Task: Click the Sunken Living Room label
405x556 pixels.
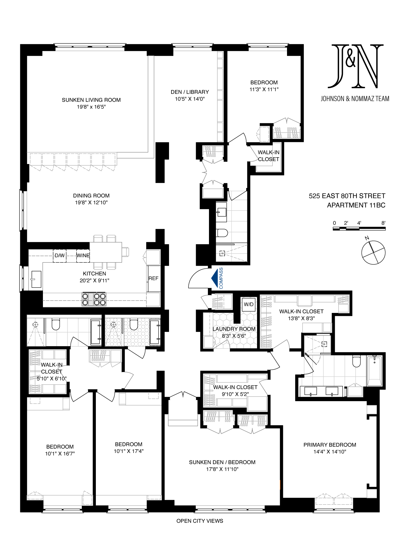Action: [x=91, y=100]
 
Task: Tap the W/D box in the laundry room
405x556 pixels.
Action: [x=249, y=304]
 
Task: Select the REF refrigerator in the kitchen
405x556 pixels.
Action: [x=153, y=278]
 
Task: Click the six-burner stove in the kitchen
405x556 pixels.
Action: [x=94, y=299]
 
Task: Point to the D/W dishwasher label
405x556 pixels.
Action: [x=60, y=255]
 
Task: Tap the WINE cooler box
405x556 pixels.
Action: [x=83, y=255]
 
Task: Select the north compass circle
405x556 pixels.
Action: [x=373, y=253]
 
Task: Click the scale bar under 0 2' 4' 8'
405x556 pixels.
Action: [x=359, y=228]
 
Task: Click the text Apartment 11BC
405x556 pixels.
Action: [x=356, y=205]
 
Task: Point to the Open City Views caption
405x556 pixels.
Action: [x=200, y=521]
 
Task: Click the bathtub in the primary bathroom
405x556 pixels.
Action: [x=374, y=371]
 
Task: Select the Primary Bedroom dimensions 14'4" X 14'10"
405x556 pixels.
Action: [x=330, y=452]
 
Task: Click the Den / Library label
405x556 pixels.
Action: [x=190, y=92]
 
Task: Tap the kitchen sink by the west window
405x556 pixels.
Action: [x=36, y=279]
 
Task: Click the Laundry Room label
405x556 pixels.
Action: [x=234, y=329]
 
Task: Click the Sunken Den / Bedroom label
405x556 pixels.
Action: [x=222, y=462]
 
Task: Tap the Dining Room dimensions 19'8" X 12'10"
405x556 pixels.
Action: [x=91, y=203]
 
